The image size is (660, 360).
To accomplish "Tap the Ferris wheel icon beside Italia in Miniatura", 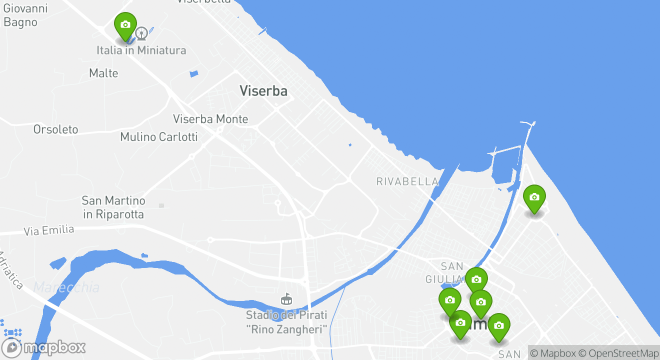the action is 141,33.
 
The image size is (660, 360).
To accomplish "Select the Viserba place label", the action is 263,91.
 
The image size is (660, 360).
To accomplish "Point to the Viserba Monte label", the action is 210,119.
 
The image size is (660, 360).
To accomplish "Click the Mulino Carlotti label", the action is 159,136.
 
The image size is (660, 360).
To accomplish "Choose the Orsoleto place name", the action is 56,129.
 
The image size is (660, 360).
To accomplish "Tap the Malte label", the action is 103,73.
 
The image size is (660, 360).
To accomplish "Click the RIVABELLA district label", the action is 407,181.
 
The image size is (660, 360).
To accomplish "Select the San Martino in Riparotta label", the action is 113,207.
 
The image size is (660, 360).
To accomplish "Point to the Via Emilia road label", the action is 49,230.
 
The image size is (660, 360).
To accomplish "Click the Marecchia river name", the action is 66,287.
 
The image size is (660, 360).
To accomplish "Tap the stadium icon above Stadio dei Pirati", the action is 286,298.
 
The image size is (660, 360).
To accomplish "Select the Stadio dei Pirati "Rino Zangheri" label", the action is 286,322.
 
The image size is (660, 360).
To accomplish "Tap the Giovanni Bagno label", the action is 25,15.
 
